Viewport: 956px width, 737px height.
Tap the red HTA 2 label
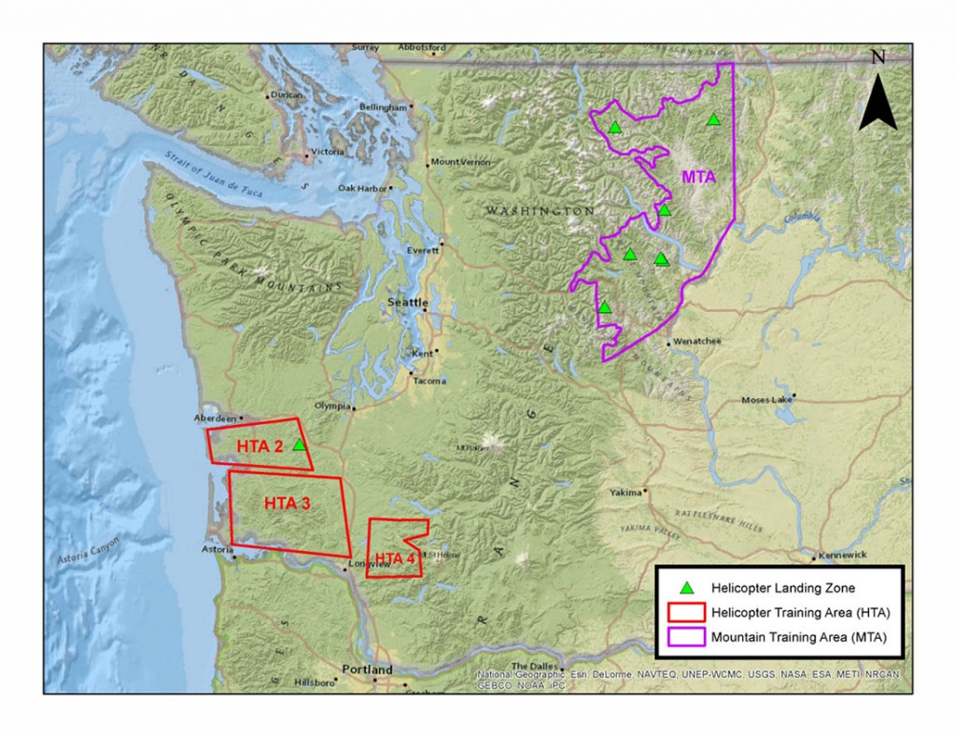tap(260, 446)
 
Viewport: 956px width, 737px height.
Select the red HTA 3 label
tap(287, 503)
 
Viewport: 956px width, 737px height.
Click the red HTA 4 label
tap(394, 560)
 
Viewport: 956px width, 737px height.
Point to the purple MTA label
tap(698, 177)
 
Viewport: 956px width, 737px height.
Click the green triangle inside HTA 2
tap(299, 446)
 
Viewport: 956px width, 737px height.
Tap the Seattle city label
tap(408, 303)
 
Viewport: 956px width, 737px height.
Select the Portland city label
tap(367, 670)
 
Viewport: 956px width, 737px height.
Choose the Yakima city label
tap(626, 492)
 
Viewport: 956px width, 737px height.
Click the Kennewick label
tap(842, 555)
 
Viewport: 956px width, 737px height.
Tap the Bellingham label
tap(384, 107)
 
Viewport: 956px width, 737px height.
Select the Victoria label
tap(328, 151)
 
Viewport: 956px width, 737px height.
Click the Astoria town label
tap(217, 550)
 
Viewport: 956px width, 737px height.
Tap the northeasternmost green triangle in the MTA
tap(713, 120)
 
